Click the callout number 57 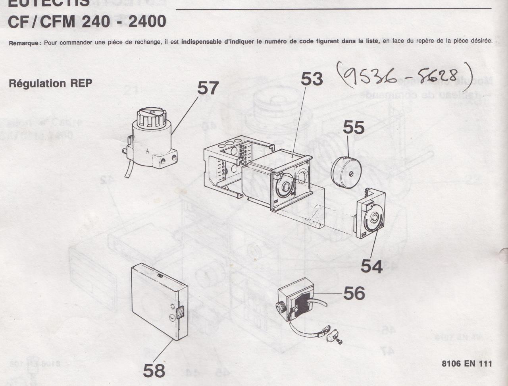tap(208, 88)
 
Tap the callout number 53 tap(312, 79)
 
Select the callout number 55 tap(354, 127)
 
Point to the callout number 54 tap(371, 266)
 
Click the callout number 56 tap(354, 293)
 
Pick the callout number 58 tap(154, 371)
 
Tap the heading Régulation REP tap(50, 84)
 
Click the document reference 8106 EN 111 tap(467, 363)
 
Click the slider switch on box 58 tap(180, 313)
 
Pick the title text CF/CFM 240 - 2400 tap(87, 21)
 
